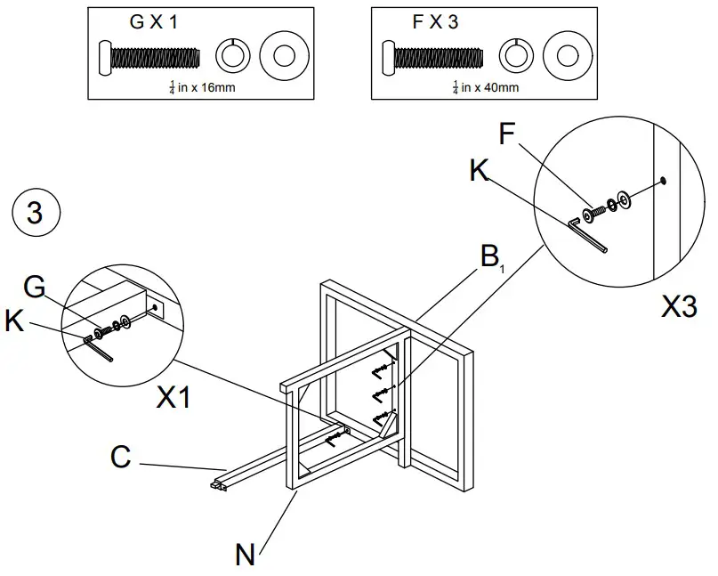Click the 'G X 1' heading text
[x=154, y=23]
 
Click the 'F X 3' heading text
[x=435, y=23]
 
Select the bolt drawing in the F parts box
[x=432, y=58]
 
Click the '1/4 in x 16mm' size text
[x=202, y=87]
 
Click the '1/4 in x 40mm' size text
[x=485, y=87]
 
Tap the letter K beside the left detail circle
[x=14, y=320]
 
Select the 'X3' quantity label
[x=679, y=307]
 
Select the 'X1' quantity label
[x=174, y=398]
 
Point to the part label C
[x=121, y=458]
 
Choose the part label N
[x=246, y=555]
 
